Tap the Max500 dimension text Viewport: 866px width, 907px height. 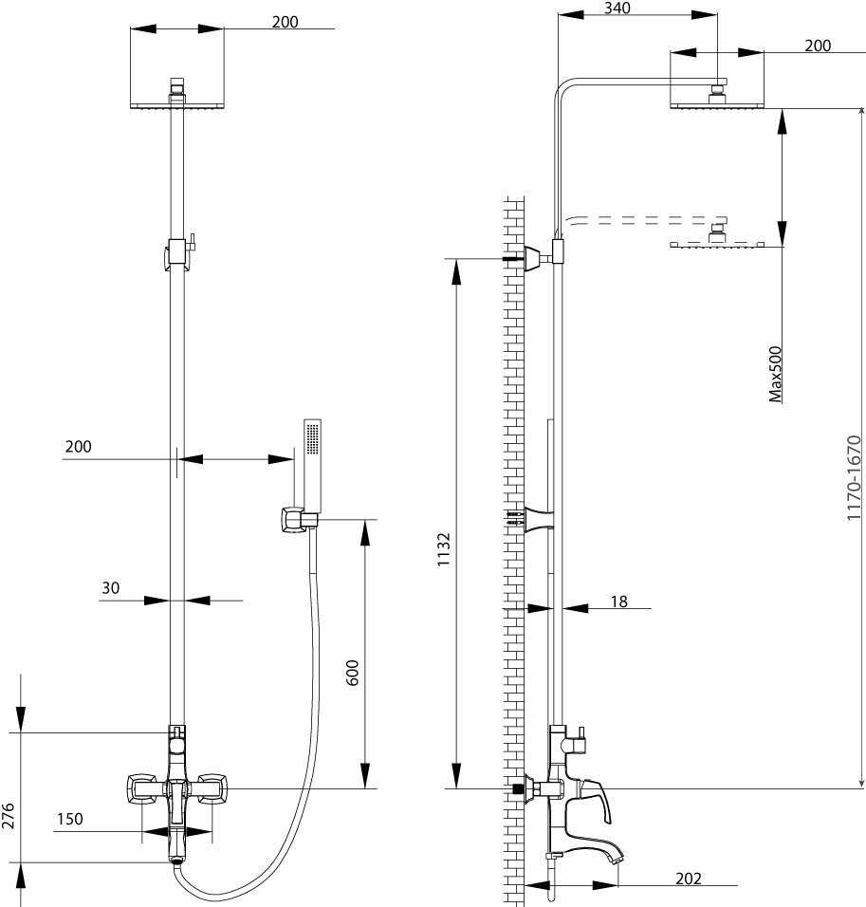[776, 373]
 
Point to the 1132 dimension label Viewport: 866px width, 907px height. [443, 549]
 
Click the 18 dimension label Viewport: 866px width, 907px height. [619, 602]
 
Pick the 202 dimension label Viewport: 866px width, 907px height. [689, 879]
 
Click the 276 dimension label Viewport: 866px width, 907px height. [9, 816]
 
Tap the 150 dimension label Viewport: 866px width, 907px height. [69, 819]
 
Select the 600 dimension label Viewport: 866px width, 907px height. [353, 673]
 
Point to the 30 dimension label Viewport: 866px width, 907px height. [111, 588]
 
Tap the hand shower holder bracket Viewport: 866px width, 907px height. [297, 520]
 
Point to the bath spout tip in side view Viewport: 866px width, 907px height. [617, 857]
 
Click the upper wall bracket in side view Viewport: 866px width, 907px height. [538, 256]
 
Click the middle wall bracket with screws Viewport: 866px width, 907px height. [536, 520]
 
